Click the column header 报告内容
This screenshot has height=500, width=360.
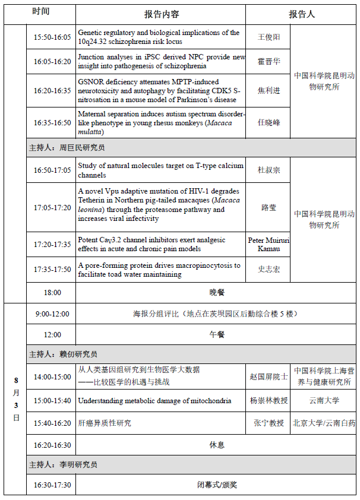tap(162, 14)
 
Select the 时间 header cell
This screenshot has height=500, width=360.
tap(41, 12)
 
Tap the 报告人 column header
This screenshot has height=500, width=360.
tap(301, 14)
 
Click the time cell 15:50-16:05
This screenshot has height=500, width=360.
tap(52, 37)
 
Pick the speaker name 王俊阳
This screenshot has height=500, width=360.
tap(269, 37)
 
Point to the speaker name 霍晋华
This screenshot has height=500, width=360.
tap(269, 61)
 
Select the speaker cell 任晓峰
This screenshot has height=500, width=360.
tap(269, 123)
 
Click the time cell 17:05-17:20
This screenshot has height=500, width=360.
tap(52, 208)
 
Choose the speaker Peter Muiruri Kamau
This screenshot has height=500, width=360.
tap(269, 244)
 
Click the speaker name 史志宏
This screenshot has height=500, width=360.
tap(269, 270)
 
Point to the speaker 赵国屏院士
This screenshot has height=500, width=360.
tap(269, 376)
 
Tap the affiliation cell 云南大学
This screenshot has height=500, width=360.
tap(324, 401)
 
